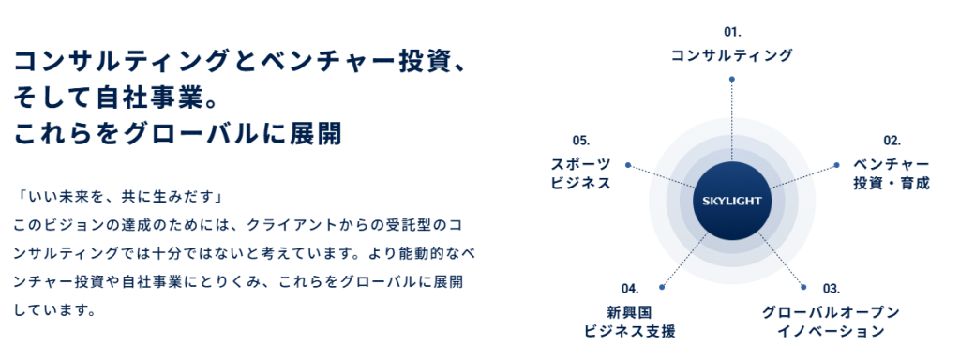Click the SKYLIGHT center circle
(732, 200)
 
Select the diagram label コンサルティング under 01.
(731, 56)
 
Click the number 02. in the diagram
(892, 141)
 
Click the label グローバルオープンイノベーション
(832, 321)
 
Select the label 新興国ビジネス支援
(629, 321)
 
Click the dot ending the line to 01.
(732, 81)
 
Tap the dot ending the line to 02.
(837, 165)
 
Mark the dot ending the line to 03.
(802, 285)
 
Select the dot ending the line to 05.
(627, 165)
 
